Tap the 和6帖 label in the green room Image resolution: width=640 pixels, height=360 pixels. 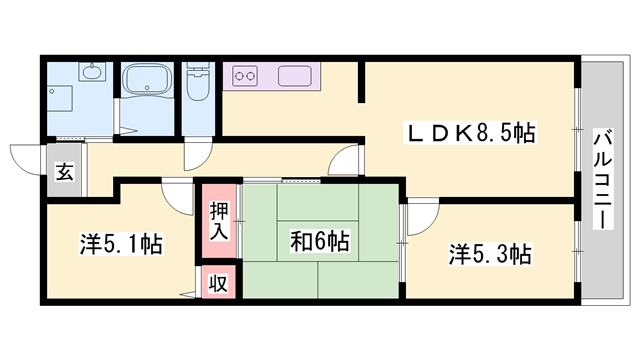(x=319, y=241)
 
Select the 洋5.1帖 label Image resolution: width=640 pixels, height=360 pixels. (x=122, y=244)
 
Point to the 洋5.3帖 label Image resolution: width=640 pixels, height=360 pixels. (x=489, y=254)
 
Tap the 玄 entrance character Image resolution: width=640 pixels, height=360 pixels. (x=64, y=171)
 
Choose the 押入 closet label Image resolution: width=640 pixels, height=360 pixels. (x=220, y=219)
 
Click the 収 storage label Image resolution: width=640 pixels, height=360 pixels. (x=218, y=283)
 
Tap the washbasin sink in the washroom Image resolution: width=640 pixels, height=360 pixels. (x=91, y=73)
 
